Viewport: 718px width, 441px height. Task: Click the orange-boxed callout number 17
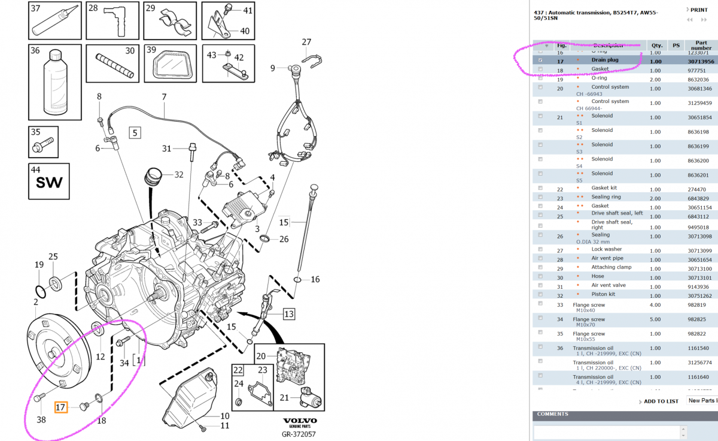[61, 407]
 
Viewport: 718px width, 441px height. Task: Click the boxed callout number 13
[289, 313]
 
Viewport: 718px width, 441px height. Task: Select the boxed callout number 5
[135, 133]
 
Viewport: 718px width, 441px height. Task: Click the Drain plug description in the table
[605, 60]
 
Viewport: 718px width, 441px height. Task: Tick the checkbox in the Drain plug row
[541, 61]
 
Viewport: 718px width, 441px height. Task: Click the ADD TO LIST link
[661, 401]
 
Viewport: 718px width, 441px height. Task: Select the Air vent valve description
[609, 285]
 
